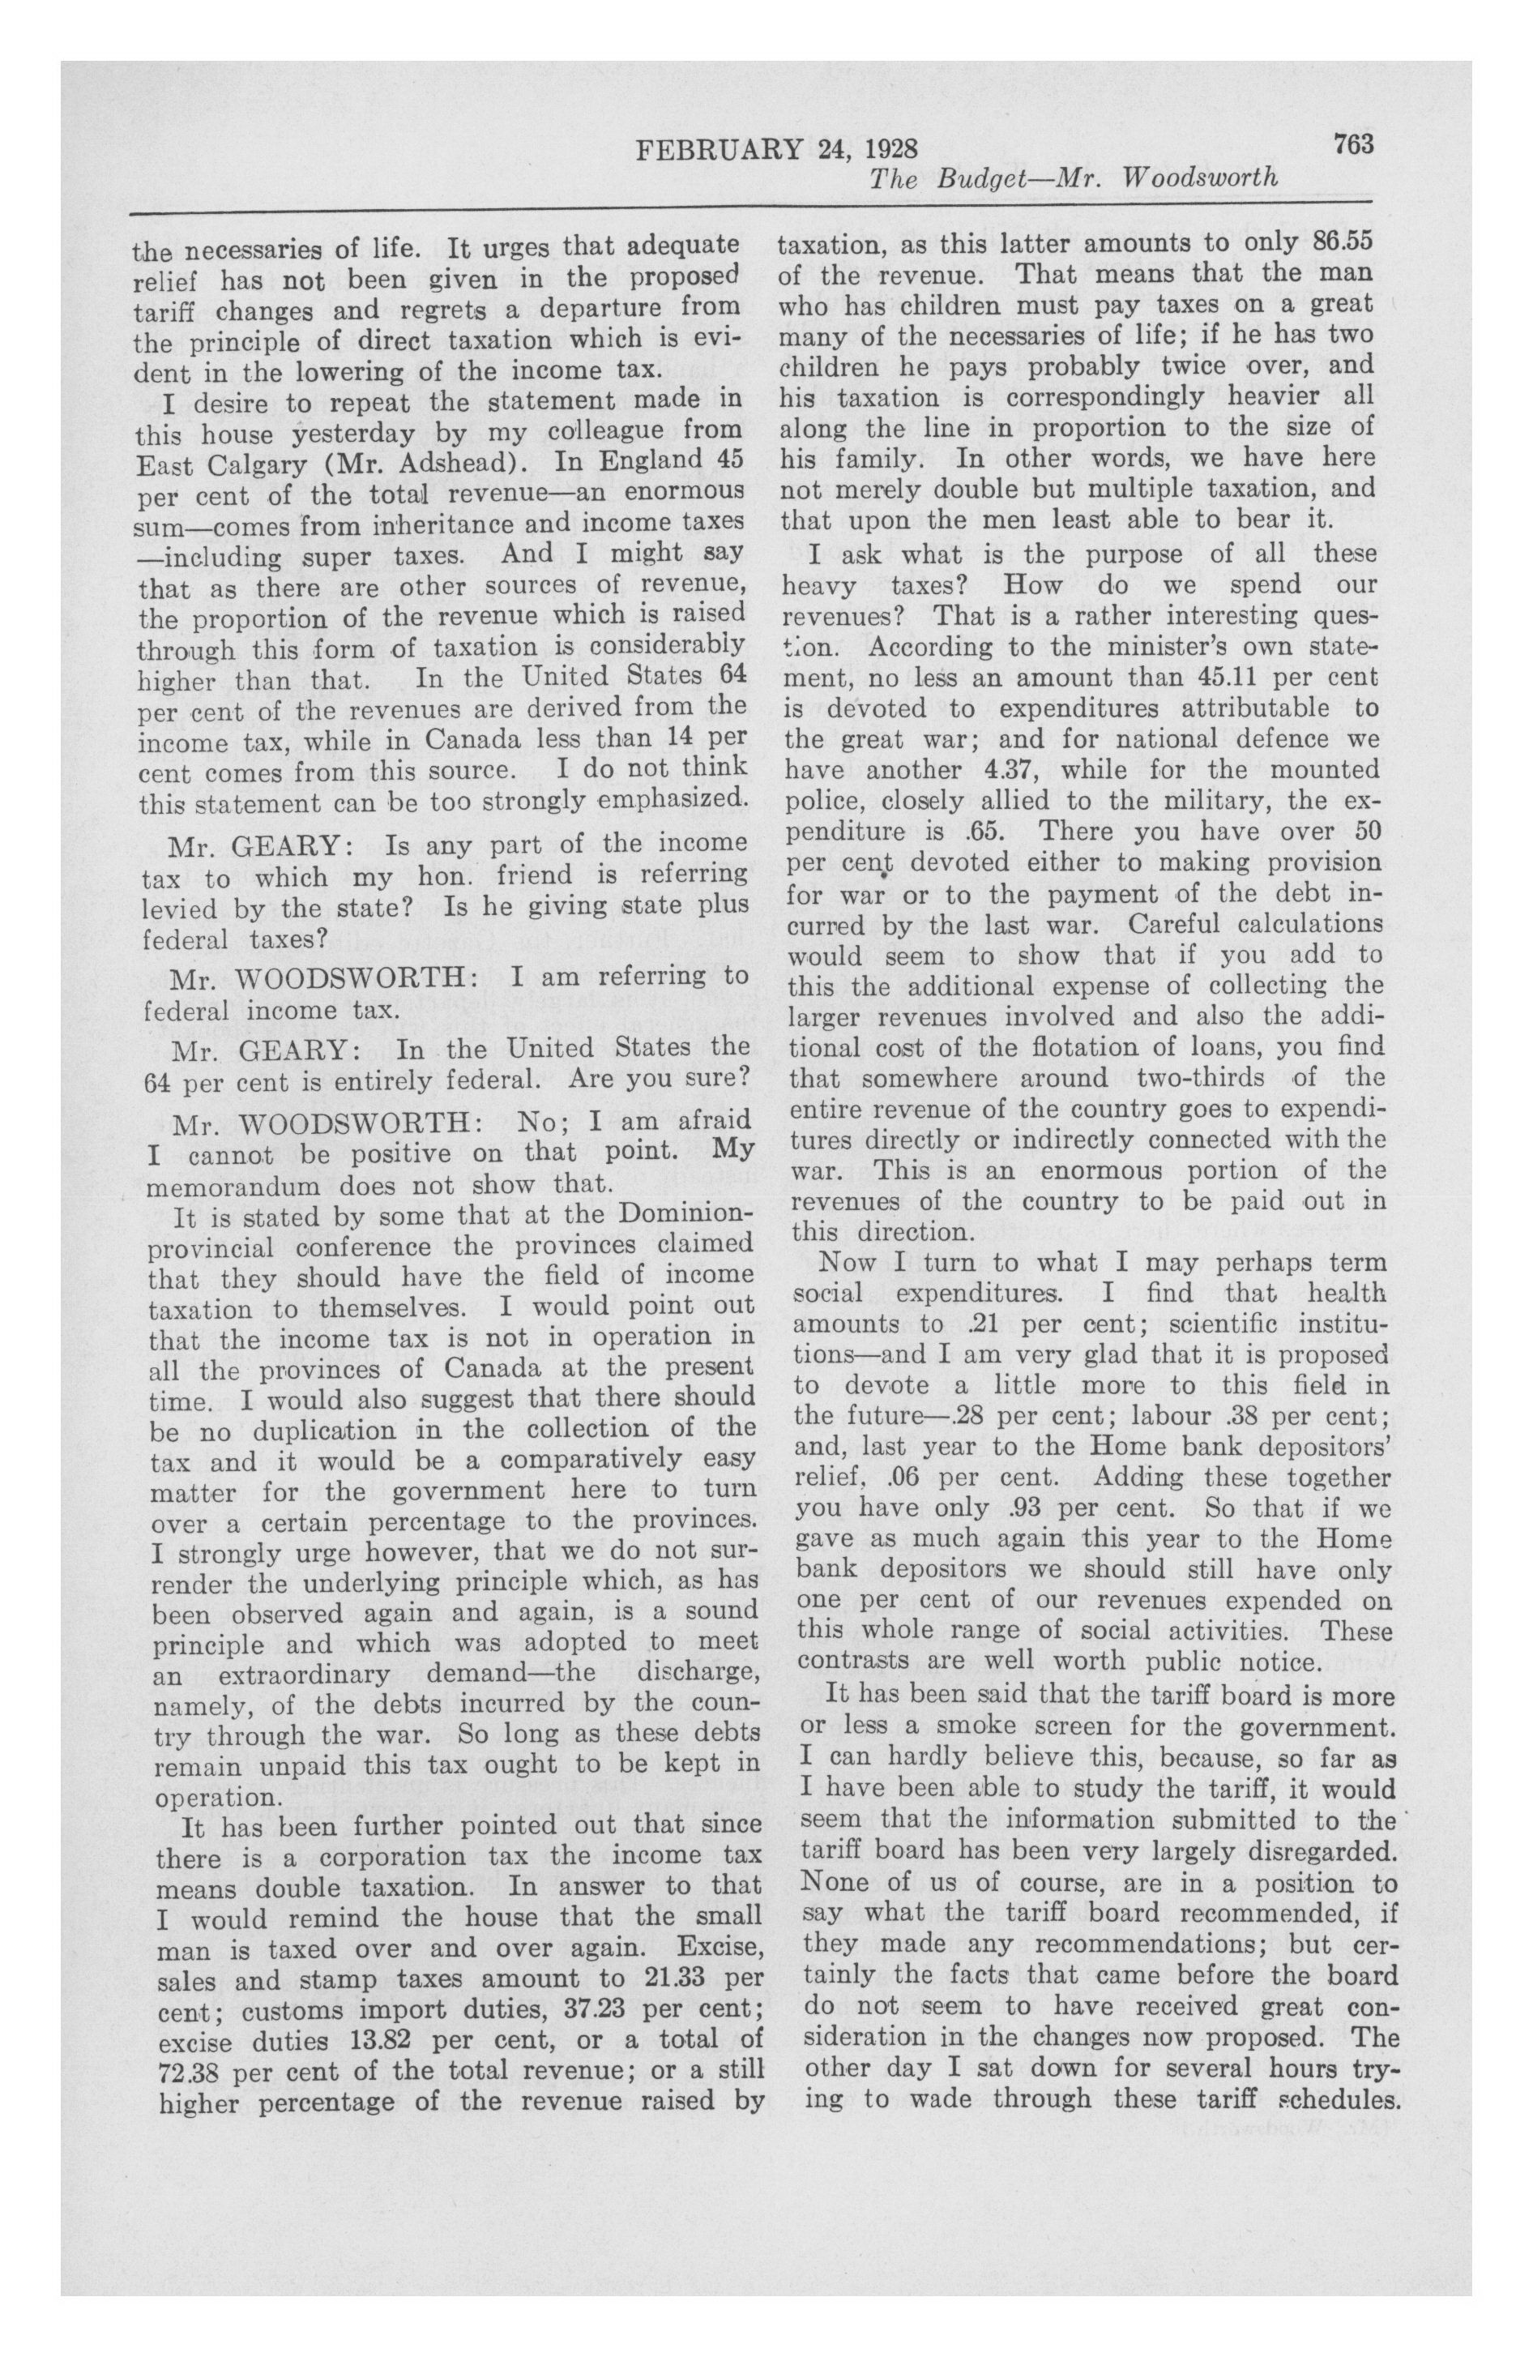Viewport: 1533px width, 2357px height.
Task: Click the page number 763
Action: pyautogui.click(x=1353, y=144)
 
